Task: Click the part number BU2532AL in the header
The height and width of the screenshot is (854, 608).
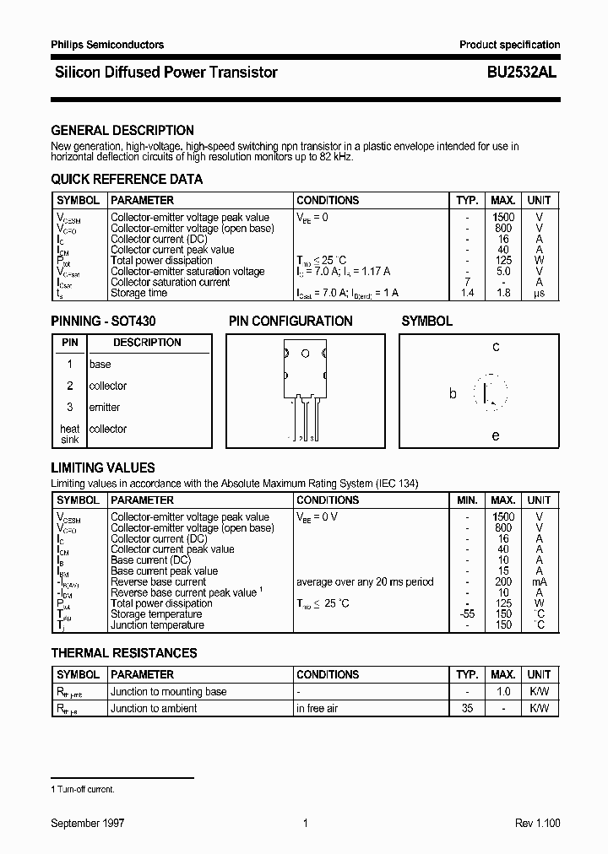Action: click(x=521, y=73)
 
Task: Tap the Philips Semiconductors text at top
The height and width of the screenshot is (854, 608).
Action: click(x=107, y=45)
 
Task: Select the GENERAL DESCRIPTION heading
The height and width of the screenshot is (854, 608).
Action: click(x=122, y=131)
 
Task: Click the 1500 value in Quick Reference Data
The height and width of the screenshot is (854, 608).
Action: click(x=502, y=218)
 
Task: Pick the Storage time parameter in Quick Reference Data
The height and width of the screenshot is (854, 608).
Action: click(x=139, y=294)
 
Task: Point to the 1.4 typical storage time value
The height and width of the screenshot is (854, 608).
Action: click(x=466, y=294)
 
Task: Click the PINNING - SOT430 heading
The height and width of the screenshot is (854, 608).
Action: click(x=103, y=322)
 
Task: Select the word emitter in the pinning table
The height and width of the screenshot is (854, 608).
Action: click(x=105, y=408)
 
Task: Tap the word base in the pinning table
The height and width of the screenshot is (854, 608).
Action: click(x=100, y=365)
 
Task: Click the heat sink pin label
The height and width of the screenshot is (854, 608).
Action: click(x=69, y=435)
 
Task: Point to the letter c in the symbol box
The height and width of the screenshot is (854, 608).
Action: click(x=496, y=347)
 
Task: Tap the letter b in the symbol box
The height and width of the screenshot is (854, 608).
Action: click(x=453, y=394)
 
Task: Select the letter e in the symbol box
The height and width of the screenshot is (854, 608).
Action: click(x=496, y=436)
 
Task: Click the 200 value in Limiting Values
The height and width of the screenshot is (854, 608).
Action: click(x=502, y=582)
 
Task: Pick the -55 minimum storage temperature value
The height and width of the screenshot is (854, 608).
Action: click(x=466, y=614)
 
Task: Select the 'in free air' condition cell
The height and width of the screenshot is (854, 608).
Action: click(x=318, y=709)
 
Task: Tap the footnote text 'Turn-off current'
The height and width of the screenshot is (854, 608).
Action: click(x=86, y=789)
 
